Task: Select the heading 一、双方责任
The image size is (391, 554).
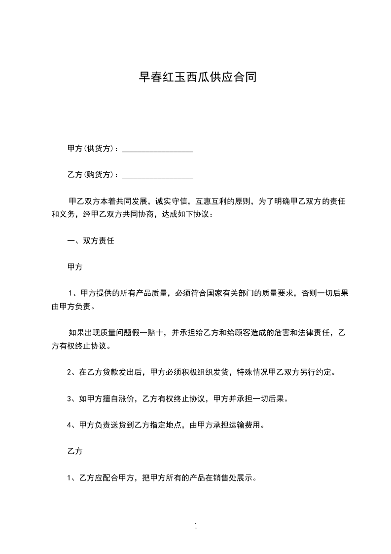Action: [x=91, y=241]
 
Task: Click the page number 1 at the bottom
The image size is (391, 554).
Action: [x=196, y=526]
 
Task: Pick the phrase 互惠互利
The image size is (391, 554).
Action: [x=212, y=201]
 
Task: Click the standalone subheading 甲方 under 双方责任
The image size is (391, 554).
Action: [x=74, y=267]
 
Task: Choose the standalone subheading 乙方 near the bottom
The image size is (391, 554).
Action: [x=74, y=451]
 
